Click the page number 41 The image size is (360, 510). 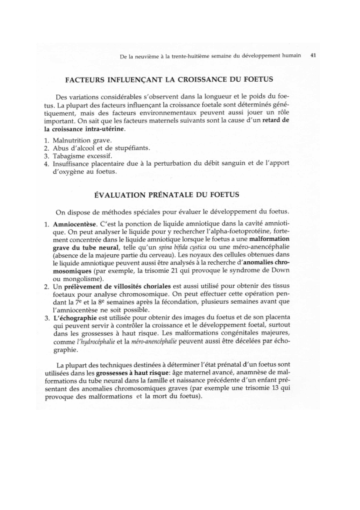click(x=313, y=55)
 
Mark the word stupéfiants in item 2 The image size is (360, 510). click(x=132, y=148)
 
